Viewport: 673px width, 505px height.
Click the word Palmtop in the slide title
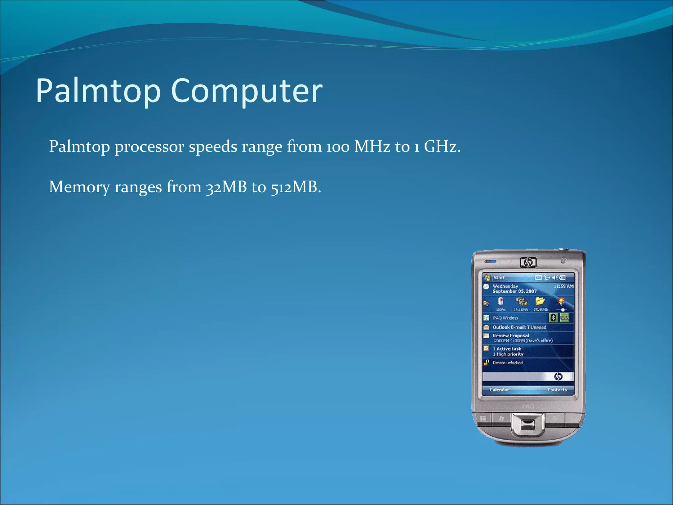tap(98, 91)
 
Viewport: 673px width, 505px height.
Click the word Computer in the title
tap(246, 91)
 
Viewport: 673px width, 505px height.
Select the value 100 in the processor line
tap(338, 147)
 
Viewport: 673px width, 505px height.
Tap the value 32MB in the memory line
tap(226, 187)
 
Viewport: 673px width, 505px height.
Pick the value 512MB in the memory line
tap(295, 187)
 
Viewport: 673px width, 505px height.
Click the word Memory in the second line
tap(79, 187)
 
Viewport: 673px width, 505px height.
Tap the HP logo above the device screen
tap(528, 262)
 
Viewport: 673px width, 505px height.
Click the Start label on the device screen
tap(499, 277)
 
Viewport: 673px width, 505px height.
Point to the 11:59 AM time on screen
tap(563, 286)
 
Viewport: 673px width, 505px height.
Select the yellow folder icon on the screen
tap(540, 301)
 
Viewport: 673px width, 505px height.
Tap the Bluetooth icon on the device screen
tap(553, 317)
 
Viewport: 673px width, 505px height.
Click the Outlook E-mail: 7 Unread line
tap(519, 327)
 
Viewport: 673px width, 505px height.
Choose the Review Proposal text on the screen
tap(511, 335)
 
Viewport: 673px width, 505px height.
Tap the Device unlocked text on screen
tap(507, 363)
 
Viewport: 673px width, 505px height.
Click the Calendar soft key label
tap(499, 390)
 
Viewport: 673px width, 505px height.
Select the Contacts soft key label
tap(557, 390)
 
